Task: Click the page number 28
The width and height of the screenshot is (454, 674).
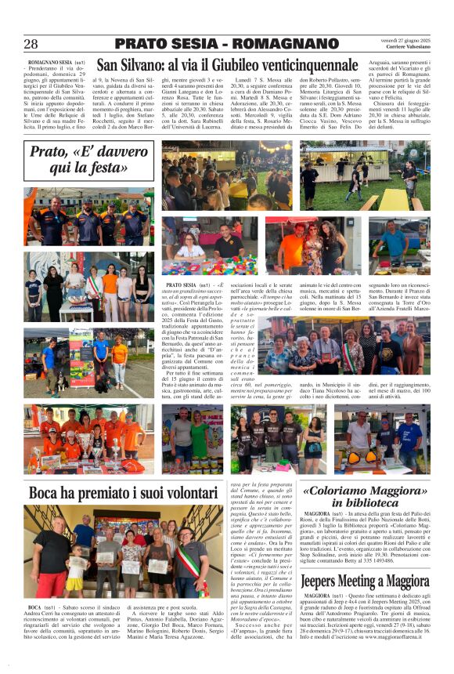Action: pos(31,45)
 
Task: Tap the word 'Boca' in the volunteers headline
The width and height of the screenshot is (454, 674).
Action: pos(49,494)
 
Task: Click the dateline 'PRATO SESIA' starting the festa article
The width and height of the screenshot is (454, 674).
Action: pos(182,286)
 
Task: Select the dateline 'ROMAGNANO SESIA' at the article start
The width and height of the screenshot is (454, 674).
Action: pos(49,61)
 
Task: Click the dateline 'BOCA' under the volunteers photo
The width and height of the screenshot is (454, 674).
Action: pos(35,607)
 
